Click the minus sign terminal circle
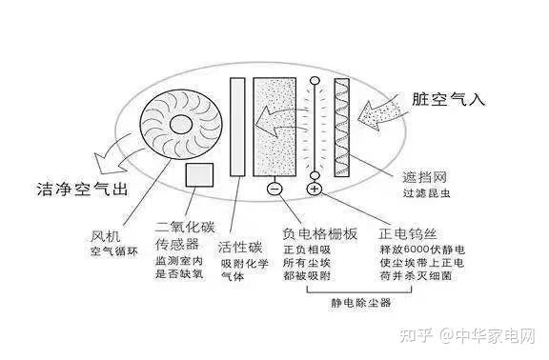[274, 189]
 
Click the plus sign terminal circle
[315, 189]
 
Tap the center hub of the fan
[181, 125]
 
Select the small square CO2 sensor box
[199, 175]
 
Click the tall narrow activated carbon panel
[237, 127]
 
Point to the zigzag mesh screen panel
[342, 128]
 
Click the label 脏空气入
[448, 99]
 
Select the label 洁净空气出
[82, 189]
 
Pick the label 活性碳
[240, 248]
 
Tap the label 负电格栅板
[319, 233]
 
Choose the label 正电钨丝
[408, 233]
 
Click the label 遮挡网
[424, 177]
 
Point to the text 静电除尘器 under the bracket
[361, 303]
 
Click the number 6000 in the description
[417, 250]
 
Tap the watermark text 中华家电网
[496, 336]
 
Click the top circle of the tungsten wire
[315, 81]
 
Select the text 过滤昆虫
[426, 192]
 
